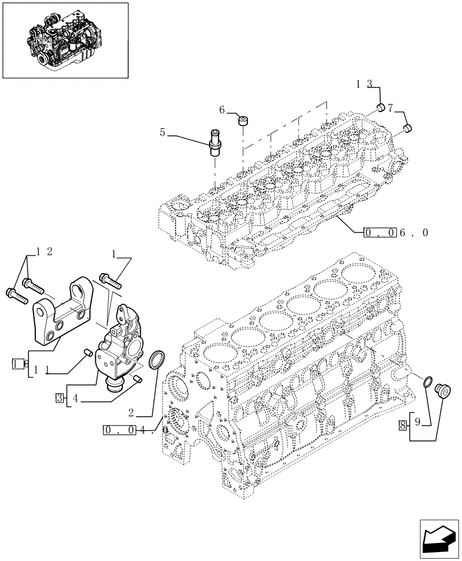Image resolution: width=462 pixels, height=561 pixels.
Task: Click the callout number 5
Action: click(x=163, y=133)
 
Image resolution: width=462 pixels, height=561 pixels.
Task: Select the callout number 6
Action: click(x=223, y=110)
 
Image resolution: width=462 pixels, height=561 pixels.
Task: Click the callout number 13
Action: click(x=366, y=85)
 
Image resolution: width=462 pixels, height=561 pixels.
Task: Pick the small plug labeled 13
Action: click(x=380, y=108)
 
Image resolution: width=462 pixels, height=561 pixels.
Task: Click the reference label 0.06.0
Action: click(x=396, y=232)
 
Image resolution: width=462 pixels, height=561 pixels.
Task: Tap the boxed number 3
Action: click(x=59, y=398)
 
